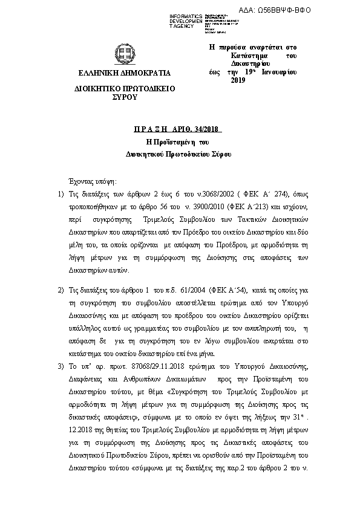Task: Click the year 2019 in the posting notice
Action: (238, 80)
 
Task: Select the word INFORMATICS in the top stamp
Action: (186, 15)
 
